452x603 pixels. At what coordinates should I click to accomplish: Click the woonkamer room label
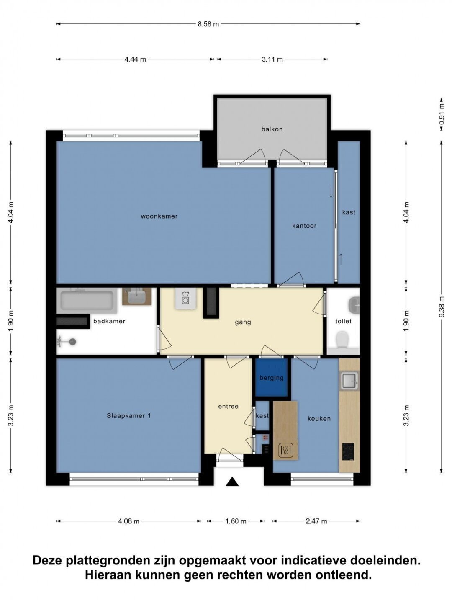pyautogui.click(x=159, y=216)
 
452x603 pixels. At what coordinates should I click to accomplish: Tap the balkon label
pyautogui.click(x=272, y=129)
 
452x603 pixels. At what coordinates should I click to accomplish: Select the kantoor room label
pyautogui.click(x=304, y=226)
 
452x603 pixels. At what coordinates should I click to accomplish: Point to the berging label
pyautogui.click(x=272, y=378)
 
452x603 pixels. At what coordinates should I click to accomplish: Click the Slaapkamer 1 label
pyautogui.click(x=128, y=416)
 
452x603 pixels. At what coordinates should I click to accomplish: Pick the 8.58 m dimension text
pyautogui.click(x=208, y=24)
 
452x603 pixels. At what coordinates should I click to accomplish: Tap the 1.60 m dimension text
pyautogui.click(x=236, y=521)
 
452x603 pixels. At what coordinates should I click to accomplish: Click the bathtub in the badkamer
pyautogui.click(x=87, y=301)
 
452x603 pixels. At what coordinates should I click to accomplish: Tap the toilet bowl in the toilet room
pyautogui.click(x=342, y=339)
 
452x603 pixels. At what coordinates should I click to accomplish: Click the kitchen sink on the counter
pyautogui.click(x=349, y=381)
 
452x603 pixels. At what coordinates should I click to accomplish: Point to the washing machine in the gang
pyautogui.click(x=186, y=299)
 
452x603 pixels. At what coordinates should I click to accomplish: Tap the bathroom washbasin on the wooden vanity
pyautogui.click(x=137, y=297)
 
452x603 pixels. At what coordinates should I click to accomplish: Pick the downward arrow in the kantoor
pyautogui.click(x=331, y=192)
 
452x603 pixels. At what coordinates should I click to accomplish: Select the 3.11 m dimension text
pyautogui.click(x=272, y=59)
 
